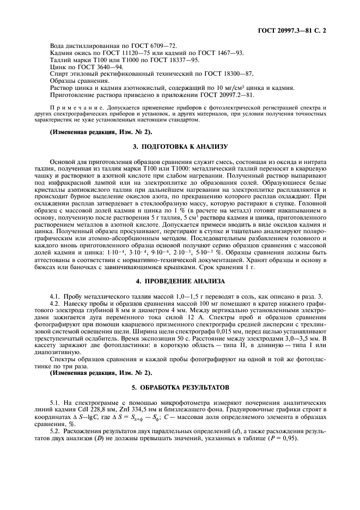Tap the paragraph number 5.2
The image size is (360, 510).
click(x=54, y=431)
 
